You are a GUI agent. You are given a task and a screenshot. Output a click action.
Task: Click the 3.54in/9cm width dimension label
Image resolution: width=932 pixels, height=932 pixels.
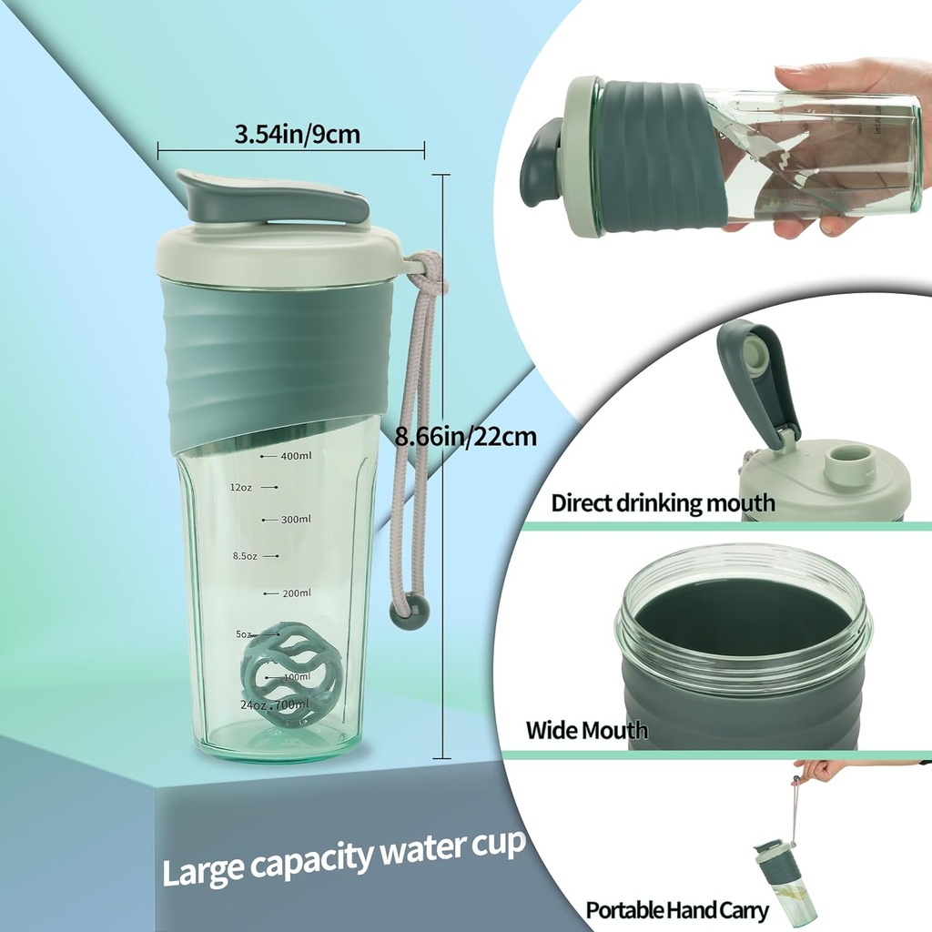[x=298, y=135]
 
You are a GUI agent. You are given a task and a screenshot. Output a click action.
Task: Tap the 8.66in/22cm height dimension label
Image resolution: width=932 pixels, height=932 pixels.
[x=466, y=437]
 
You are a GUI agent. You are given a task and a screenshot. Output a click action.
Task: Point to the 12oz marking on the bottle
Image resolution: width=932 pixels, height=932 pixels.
[x=241, y=488]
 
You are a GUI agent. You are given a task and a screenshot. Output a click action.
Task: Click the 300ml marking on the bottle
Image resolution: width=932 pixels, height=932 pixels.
[x=296, y=520]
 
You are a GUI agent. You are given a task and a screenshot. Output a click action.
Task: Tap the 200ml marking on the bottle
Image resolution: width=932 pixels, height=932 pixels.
[x=296, y=593]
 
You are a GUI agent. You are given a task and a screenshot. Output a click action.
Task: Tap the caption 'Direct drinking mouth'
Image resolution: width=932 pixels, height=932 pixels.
[x=663, y=502]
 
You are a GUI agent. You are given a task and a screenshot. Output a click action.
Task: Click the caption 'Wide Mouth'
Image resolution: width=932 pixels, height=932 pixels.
[x=587, y=729]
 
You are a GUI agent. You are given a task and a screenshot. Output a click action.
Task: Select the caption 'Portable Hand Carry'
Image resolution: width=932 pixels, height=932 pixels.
[x=677, y=909]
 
